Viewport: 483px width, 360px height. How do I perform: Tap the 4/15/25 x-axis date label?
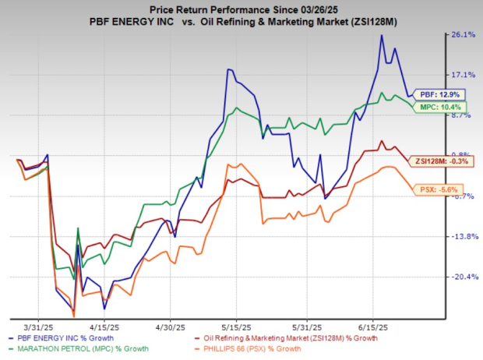coord(102,327)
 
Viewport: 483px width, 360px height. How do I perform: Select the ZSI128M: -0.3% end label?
coord(431,161)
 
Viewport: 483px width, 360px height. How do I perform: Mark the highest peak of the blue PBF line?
coord(382,35)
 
